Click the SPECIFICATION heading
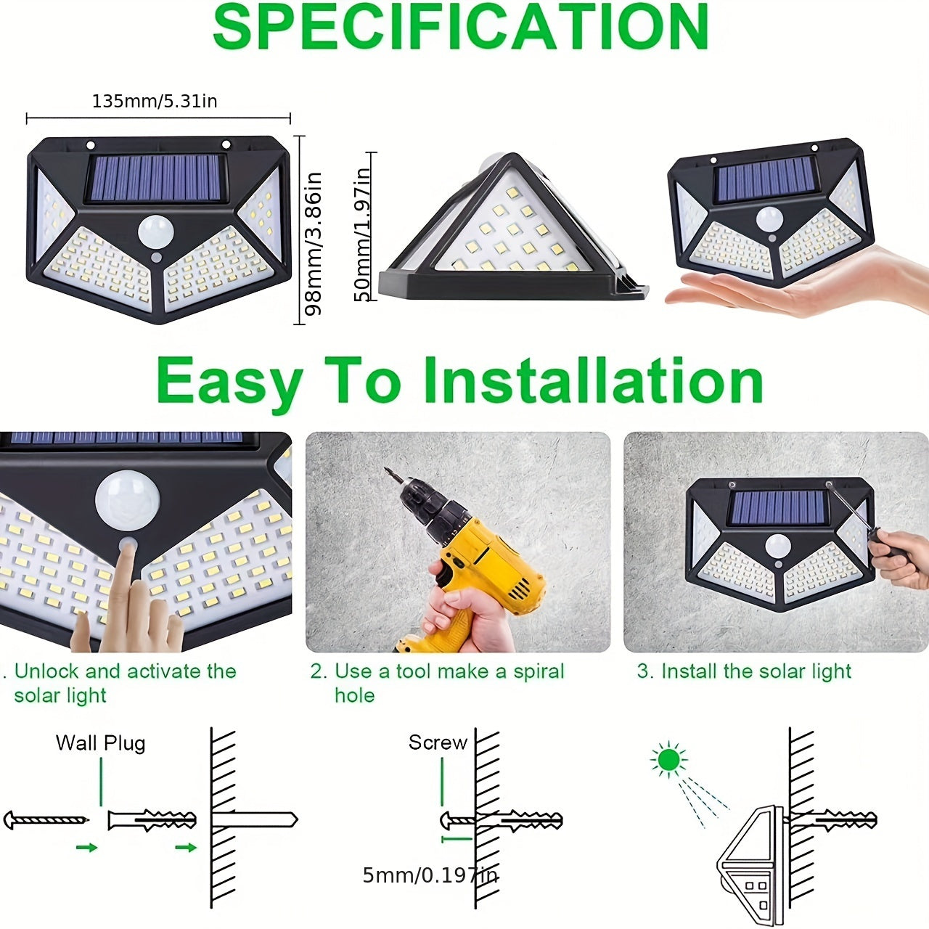click(x=460, y=28)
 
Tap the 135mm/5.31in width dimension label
click(x=155, y=101)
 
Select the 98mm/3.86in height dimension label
click(x=313, y=243)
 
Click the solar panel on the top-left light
click(x=155, y=179)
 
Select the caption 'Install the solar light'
click(x=744, y=671)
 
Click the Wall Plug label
click(x=100, y=743)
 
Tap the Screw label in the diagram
click(x=438, y=742)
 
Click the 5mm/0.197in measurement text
click(x=430, y=875)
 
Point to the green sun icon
click(x=668, y=760)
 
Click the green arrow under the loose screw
click(x=86, y=847)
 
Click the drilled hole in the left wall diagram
click(x=254, y=820)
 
